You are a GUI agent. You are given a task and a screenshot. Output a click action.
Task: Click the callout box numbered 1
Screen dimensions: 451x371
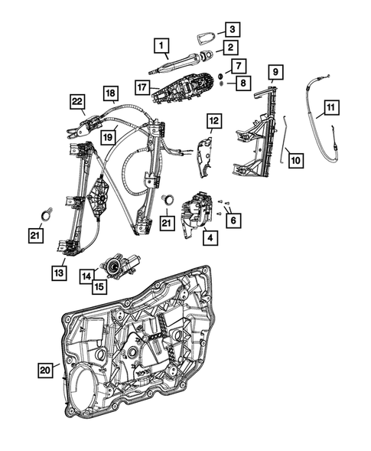coord(161,47)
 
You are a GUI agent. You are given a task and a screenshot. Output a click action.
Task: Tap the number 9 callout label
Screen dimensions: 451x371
coord(275,74)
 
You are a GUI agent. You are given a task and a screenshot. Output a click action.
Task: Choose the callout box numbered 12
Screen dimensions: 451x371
coord(213,120)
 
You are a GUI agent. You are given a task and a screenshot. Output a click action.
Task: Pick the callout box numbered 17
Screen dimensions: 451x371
coord(142,87)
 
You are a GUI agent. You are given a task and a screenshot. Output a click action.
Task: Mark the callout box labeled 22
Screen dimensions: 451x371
coord(77,101)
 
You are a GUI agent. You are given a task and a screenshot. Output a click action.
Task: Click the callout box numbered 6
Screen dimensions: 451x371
coord(233,218)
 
